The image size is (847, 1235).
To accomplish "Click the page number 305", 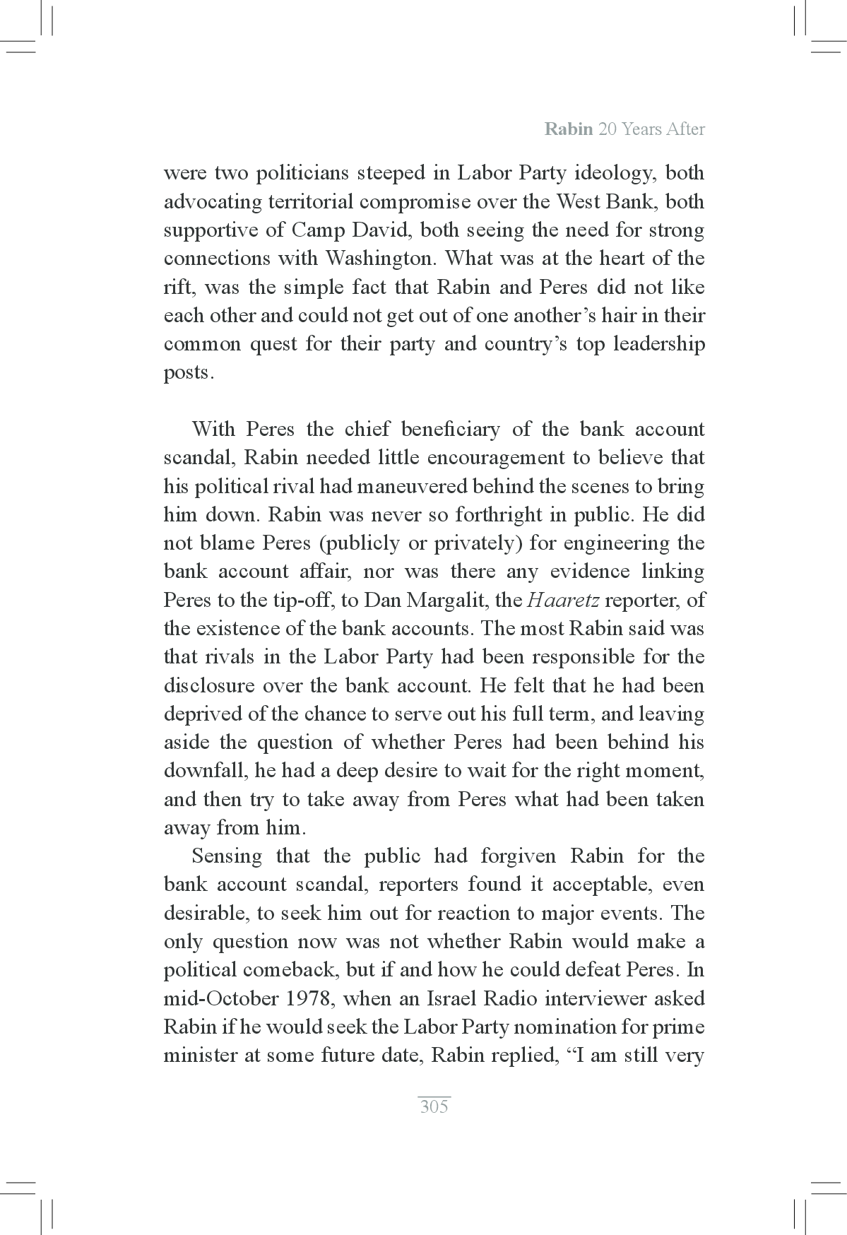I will pos(434,1106).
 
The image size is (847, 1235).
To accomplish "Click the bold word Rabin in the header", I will pos(569,129).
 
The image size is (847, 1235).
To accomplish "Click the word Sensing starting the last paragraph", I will pos(227,856).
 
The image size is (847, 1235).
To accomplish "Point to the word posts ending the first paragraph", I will pos(187,373).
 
